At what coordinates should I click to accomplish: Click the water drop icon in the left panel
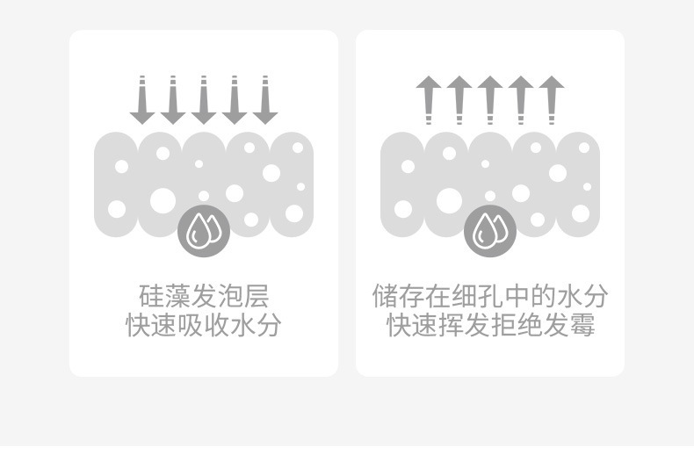204,232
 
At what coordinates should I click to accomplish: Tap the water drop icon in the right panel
490,232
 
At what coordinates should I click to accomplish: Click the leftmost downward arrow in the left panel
142,100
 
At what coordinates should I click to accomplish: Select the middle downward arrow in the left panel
204,100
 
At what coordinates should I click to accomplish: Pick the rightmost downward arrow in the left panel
265,100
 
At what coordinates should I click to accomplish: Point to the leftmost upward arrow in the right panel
429,100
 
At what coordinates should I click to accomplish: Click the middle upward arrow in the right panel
490,100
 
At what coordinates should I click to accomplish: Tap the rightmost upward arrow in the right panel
552,100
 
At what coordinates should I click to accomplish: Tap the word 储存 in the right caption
398,296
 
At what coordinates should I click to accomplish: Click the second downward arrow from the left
173,100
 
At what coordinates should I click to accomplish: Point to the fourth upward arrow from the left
521,100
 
